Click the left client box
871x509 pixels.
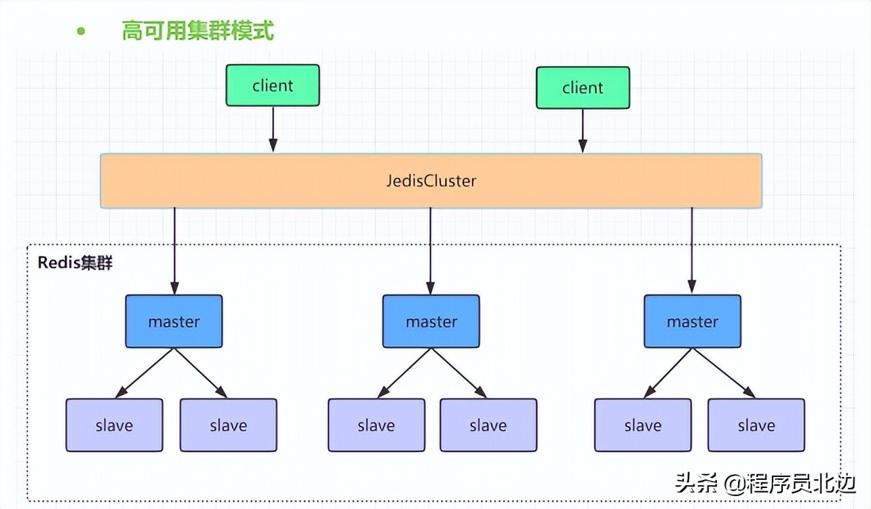[x=273, y=86]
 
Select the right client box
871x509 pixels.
[x=582, y=88]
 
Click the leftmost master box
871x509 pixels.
[x=174, y=321]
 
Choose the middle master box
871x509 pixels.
[x=431, y=321]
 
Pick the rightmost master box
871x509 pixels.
[x=692, y=321]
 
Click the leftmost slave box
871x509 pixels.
[x=114, y=426]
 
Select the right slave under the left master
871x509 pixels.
[x=228, y=426]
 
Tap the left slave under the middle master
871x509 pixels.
[x=376, y=426]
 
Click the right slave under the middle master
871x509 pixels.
[x=488, y=426]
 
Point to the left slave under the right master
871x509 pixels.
[x=642, y=426]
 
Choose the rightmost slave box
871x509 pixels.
[x=756, y=426]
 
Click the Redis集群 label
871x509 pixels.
[x=75, y=263]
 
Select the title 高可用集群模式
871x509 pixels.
[x=197, y=31]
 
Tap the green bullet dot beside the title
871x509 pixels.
[x=81, y=31]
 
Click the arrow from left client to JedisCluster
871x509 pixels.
[x=273, y=129]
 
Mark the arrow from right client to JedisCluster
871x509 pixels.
[x=582, y=130]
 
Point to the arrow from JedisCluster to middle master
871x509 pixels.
[x=430, y=251]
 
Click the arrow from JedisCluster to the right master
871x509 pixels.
[x=692, y=251]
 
